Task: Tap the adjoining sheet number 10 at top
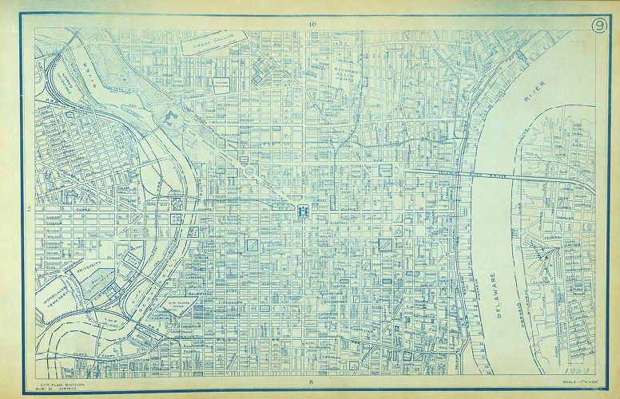point(312,25)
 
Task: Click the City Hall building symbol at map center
point(304,211)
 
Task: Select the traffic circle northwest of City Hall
point(249,170)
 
